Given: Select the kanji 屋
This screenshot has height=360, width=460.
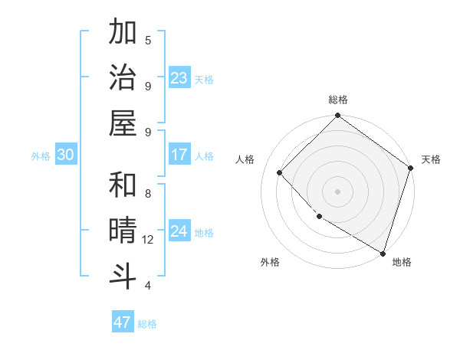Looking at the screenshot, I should (123, 124).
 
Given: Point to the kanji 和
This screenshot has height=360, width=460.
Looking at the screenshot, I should (123, 185).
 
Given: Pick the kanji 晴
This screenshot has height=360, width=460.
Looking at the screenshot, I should (123, 231).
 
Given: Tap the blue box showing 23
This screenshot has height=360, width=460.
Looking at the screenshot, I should (179, 79).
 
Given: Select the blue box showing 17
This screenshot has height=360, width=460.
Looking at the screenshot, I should (179, 155).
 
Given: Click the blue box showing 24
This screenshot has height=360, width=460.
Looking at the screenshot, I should (179, 232).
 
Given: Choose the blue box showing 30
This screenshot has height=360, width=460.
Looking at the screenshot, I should (65, 155).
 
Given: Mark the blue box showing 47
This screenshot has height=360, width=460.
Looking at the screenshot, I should (123, 322).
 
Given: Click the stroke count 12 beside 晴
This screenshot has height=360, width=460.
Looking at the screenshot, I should (148, 240).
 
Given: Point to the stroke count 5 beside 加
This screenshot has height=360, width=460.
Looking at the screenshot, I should (148, 40).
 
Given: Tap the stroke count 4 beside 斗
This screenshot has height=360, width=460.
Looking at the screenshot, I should (148, 286).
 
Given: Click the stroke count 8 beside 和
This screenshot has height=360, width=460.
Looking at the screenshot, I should (148, 193).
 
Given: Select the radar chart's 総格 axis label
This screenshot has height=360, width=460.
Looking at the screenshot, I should (338, 100).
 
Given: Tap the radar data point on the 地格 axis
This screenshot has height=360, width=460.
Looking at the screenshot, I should (383, 252).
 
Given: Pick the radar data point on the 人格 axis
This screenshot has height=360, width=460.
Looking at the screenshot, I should (280, 172).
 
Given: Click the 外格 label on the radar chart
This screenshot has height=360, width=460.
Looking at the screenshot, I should (270, 262).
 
